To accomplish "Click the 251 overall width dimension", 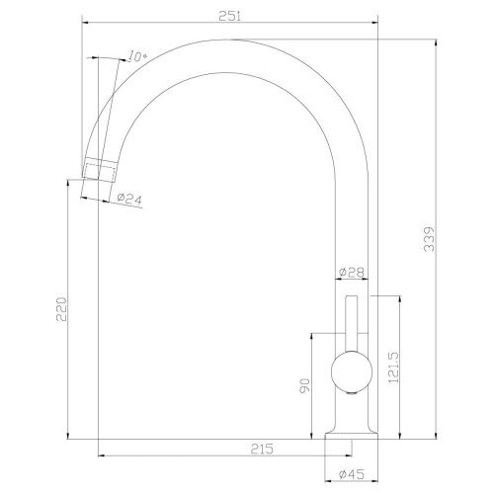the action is pyautogui.click(x=230, y=16).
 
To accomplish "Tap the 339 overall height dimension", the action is pyautogui.click(x=429, y=239).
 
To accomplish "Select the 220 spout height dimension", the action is pyautogui.click(x=61, y=309).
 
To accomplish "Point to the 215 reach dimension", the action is pyautogui.click(x=262, y=449).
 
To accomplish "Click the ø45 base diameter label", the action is pyautogui.click(x=352, y=474).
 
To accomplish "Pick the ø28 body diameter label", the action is pyautogui.click(x=352, y=273).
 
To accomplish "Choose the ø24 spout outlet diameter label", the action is pyautogui.click(x=129, y=199).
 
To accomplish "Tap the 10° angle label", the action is pyautogui.click(x=137, y=56).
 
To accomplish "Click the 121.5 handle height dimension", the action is pyautogui.click(x=393, y=368).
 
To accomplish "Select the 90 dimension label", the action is pyautogui.click(x=304, y=385).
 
